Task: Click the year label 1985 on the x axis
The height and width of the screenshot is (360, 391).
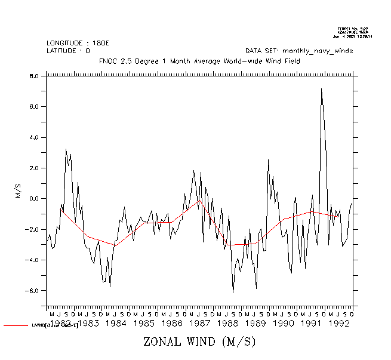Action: click(144, 324)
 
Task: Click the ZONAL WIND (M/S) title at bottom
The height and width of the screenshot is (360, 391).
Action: click(199, 342)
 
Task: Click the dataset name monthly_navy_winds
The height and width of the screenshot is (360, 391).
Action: click(318, 51)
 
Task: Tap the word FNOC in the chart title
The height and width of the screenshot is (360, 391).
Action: click(108, 61)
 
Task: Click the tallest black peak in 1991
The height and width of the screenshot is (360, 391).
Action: click(321, 89)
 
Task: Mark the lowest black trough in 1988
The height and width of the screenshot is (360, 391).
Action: click(233, 292)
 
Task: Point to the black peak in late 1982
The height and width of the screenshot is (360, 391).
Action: click(66, 149)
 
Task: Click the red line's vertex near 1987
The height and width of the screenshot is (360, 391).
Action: click(199, 201)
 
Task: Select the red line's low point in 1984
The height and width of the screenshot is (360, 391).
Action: click(115, 245)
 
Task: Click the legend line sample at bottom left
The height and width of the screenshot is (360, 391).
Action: click(16, 326)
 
